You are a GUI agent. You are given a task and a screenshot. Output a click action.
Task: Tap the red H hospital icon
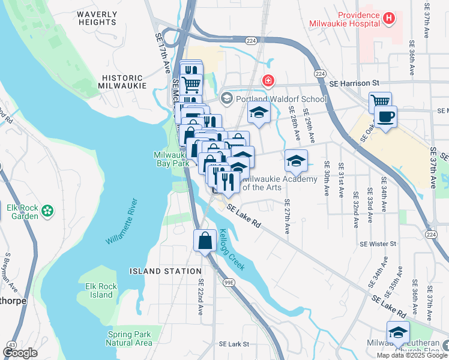[390, 18]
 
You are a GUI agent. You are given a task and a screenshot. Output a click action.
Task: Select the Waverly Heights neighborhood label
[97, 17]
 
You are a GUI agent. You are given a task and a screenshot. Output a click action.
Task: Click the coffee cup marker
[385, 116]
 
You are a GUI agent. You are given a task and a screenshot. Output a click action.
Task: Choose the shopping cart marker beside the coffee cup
[380, 102]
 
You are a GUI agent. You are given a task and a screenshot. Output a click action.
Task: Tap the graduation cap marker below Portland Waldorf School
[259, 112]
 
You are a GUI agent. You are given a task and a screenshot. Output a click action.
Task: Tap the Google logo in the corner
[20, 353]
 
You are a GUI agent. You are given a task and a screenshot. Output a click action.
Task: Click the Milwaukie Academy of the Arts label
[280, 183]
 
